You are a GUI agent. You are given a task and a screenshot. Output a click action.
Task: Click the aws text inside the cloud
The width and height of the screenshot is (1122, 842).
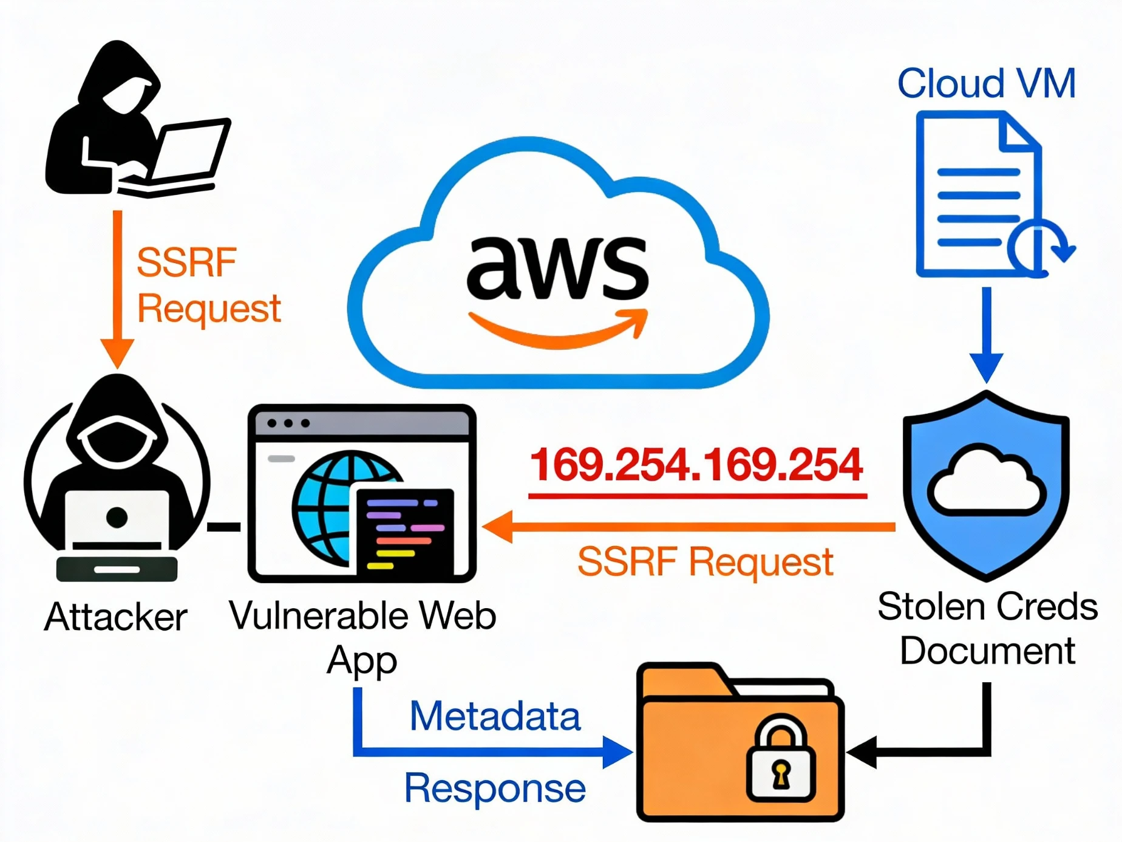pyautogui.click(x=557, y=268)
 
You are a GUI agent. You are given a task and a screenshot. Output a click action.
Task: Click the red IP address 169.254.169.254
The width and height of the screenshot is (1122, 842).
pyautogui.click(x=696, y=465)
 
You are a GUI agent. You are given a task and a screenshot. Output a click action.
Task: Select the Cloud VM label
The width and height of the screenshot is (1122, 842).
pyautogui.click(x=986, y=83)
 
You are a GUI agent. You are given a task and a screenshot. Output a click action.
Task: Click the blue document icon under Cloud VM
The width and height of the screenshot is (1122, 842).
pyautogui.click(x=981, y=194)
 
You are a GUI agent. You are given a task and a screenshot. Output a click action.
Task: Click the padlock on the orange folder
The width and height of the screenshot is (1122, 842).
pyautogui.click(x=780, y=759)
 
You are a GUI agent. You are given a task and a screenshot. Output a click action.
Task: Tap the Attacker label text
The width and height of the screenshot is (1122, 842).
pyautogui.click(x=115, y=617)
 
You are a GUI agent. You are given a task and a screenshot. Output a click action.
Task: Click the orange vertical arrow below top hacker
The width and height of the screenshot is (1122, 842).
pyautogui.click(x=117, y=286)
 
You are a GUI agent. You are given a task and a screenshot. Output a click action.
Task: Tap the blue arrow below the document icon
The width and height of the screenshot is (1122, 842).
pyautogui.click(x=986, y=334)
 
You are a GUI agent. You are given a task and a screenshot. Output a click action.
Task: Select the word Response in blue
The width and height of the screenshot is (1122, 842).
pyautogui.click(x=495, y=788)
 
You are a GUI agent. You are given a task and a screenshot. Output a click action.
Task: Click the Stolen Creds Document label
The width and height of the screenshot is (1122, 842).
pyautogui.click(x=987, y=629)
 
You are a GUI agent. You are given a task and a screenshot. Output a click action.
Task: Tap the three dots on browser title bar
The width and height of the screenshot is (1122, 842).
pyautogui.click(x=288, y=423)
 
